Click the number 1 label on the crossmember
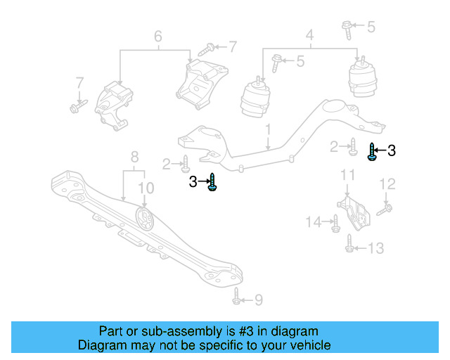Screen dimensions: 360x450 point(268,130)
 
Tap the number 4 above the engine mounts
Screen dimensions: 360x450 point(309,34)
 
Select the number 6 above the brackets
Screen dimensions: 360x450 point(157,35)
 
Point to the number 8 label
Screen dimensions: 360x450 point(134,156)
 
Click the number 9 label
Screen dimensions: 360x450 point(258,300)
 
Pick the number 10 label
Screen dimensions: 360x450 point(146,187)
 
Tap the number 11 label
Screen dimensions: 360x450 point(347,174)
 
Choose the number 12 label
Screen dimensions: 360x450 point(388,184)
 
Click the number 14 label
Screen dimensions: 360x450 point(314,222)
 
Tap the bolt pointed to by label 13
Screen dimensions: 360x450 point(349,243)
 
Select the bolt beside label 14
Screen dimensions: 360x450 point(335,224)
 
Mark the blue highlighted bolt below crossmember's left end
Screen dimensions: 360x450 point(213,181)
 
